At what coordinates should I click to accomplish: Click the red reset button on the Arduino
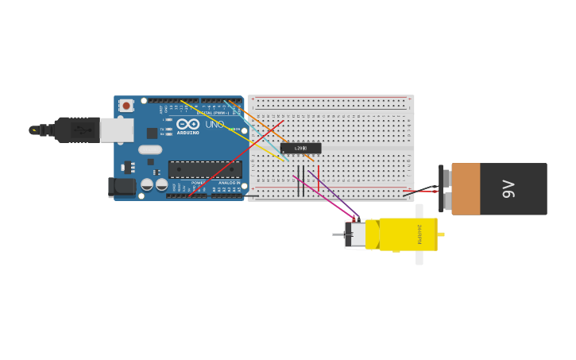(126, 105)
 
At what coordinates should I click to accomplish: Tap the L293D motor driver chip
(300, 148)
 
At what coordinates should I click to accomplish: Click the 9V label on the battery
(508, 188)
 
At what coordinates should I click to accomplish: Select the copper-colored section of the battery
(466, 188)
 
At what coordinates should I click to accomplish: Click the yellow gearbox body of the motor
(408, 234)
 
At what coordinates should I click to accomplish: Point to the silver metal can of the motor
(358, 234)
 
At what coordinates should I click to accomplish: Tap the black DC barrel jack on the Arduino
(121, 187)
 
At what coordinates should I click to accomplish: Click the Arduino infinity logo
(188, 124)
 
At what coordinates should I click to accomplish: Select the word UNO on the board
(215, 124)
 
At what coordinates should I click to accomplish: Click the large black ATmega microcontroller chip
(205, 169)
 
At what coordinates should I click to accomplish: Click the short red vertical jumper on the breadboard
(318, 179)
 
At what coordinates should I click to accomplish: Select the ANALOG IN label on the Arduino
(228, 183)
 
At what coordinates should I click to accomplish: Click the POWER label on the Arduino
(197, 183)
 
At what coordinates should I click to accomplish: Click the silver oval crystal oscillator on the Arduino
(149, 149)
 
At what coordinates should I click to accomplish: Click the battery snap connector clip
(443, 188)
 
